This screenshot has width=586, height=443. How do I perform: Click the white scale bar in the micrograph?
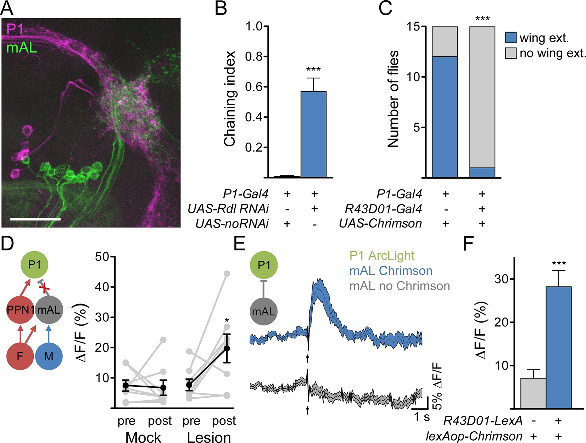[35, 219]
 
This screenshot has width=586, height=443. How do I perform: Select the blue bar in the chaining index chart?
[313, 135]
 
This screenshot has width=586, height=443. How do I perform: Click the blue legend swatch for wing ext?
[510, 37]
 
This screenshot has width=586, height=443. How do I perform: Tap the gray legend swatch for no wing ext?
[510, 53]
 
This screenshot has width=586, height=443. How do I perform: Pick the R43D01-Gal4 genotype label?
[383, 209]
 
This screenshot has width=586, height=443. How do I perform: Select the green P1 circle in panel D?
[34, 265]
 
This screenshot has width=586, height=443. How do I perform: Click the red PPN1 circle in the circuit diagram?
[21, 310]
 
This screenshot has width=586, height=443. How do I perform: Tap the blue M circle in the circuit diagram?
[49, 356]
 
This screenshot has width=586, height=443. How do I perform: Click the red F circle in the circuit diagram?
[20, 356]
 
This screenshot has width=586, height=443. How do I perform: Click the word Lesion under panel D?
[209, 437]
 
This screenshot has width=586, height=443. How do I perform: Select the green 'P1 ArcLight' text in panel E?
[382, 255]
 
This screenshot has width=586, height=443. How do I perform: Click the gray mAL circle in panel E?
[264, 312]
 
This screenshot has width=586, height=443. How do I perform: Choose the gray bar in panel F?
[533, 393]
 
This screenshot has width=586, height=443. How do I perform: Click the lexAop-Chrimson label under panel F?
[474, 436]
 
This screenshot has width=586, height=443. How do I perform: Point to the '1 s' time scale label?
[422, 417]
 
